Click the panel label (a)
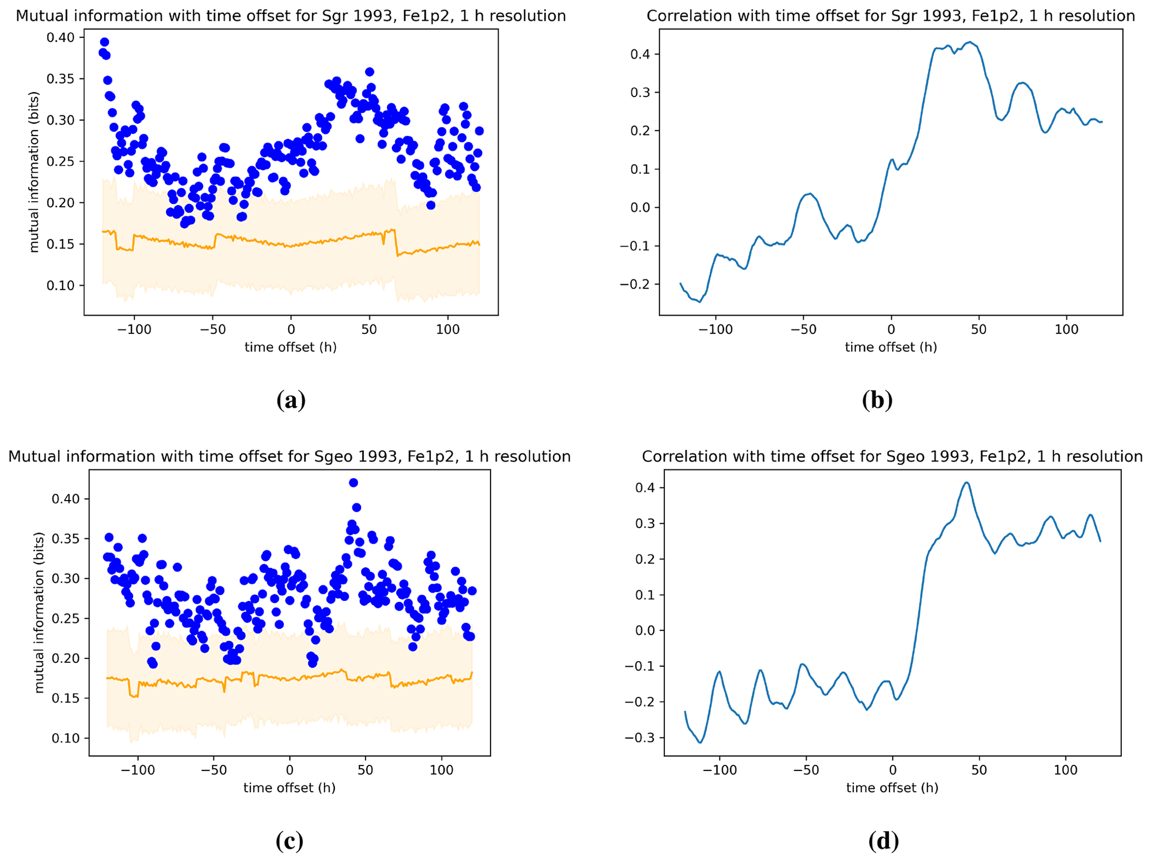point(290,400)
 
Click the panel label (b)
point(877,400)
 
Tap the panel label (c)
point(289,841)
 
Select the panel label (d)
point(883,841)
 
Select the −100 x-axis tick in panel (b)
point(716,329)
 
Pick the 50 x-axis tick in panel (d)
point(979,770)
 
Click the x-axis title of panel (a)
point(290,347)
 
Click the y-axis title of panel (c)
point(39,613)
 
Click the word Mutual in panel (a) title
point(40,16)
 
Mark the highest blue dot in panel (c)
point(353,483)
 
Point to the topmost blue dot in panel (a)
point(104,42)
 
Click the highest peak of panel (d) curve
point(966,482)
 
